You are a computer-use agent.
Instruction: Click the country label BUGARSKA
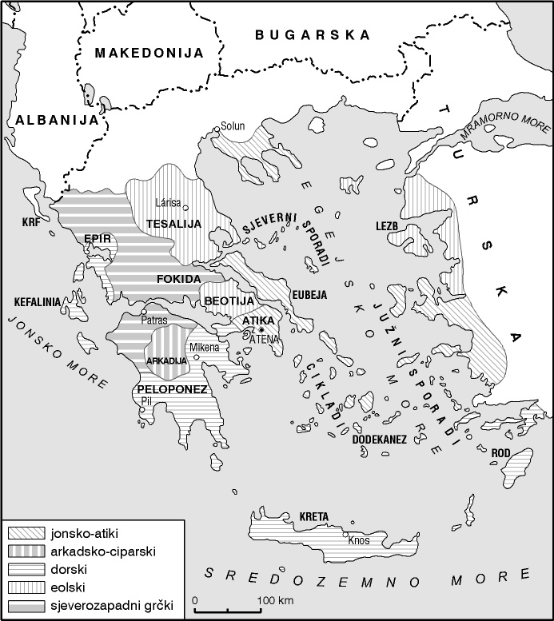313,35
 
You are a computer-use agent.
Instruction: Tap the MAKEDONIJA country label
149,53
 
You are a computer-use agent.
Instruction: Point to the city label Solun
233,125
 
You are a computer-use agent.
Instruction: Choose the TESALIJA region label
173,224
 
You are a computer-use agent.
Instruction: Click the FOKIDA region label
179,278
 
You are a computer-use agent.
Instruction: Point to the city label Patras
153,320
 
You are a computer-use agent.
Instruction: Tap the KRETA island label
313,516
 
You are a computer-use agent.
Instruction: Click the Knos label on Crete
359,540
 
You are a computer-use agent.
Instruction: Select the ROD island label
500,453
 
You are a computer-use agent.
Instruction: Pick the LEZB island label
386,226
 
